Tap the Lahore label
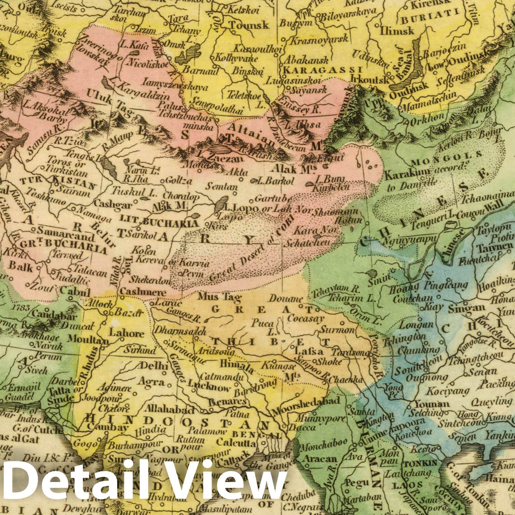[x=127, y=334]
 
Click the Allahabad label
[x=170, y=410]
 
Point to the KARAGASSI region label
[x=322, y=70]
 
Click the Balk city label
[x=21, y=267]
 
